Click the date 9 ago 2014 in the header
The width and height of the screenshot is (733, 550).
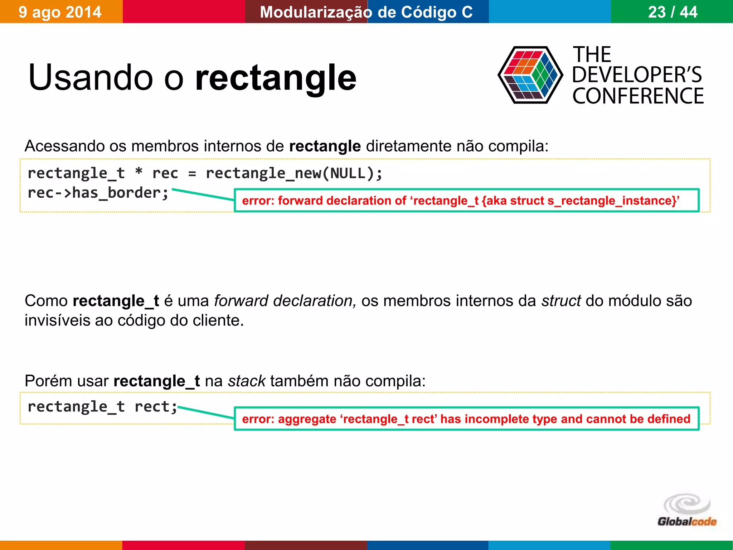point(60,12)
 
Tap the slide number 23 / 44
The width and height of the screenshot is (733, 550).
point(672,12)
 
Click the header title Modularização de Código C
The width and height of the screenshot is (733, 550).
point(366,12)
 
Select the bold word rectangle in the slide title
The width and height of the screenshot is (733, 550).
point(276,78)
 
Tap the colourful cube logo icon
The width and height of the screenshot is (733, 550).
point(530,75)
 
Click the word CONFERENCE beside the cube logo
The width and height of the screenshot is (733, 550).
point(638,96)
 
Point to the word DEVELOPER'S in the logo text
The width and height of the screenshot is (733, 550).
point(637,75)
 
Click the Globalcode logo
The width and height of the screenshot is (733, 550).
point(686,510)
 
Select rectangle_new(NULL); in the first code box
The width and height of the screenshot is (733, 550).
point(294,173)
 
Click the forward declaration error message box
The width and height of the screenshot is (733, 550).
point(466,201)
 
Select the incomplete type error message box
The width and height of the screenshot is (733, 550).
point(466,419)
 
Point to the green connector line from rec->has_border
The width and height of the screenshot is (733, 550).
point(203,194)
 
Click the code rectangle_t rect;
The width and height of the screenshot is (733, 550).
point(102,407)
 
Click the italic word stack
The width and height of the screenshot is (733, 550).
point(247,381)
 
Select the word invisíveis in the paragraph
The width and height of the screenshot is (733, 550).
point(57,320)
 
